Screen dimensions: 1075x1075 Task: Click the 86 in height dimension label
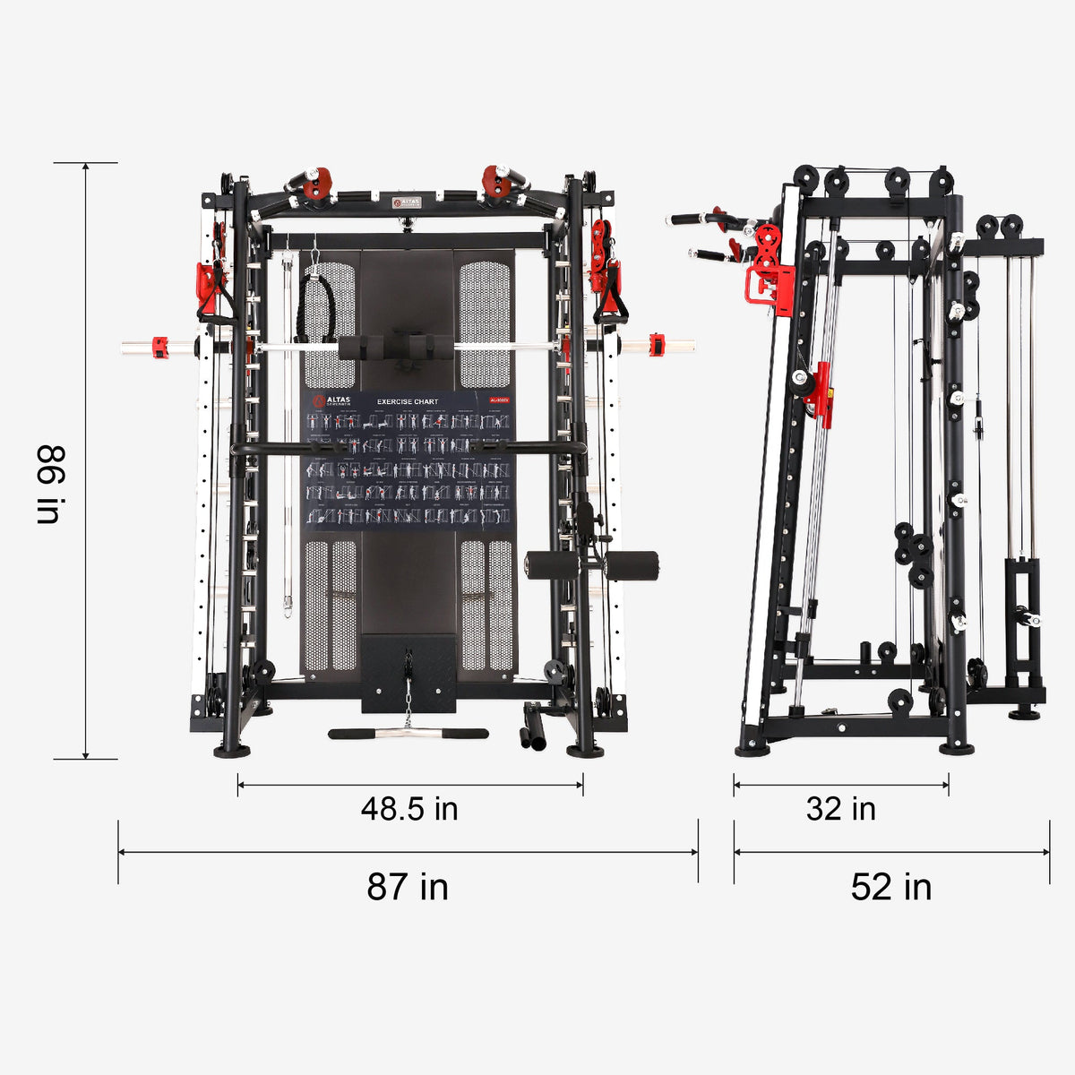pos(48,484)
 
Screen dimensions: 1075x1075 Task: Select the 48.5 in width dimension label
pos(409,809)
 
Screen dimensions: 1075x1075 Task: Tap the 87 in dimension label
pos(408,887)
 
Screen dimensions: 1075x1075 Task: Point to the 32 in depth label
pos(840,809)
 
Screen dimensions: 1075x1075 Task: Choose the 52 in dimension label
pos(891,888)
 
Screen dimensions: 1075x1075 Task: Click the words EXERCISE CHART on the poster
pos(408,402)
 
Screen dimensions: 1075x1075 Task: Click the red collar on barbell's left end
pos(160,346)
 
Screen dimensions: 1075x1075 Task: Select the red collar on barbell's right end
pos(657,345)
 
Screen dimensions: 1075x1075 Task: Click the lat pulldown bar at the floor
pos(408,733)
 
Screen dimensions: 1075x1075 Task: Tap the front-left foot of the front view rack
pos(231,751)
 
